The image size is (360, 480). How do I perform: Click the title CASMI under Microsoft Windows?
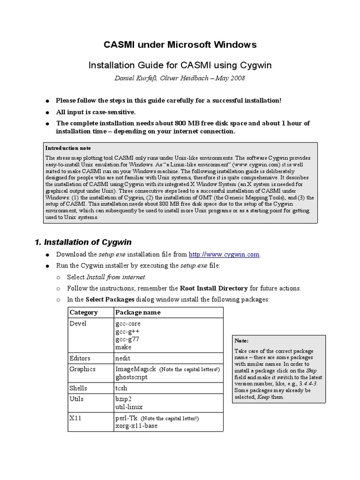180,45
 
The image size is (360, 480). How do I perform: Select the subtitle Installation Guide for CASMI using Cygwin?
180,64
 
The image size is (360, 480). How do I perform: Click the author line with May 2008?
180,78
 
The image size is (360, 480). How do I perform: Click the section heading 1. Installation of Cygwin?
83,242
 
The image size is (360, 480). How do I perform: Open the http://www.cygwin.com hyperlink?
224,255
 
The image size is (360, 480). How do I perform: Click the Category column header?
83,312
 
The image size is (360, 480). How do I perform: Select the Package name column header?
137,312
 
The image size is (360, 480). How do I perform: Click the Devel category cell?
78,324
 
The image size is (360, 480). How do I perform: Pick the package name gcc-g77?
127,340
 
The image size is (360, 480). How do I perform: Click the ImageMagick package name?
135,369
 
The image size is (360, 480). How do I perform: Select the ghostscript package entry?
131,377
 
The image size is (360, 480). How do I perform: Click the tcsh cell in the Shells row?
121,389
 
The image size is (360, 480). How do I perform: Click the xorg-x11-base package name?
136,426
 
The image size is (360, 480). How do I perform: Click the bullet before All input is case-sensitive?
47,112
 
